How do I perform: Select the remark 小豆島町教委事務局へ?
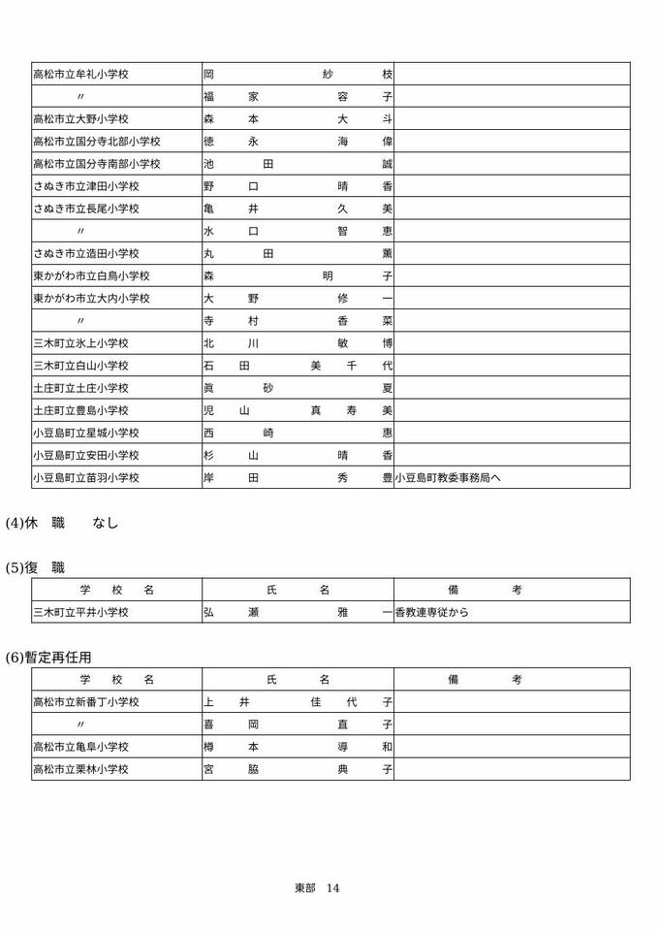point(448,477)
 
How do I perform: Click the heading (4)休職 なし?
point(62,523)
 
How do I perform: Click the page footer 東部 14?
point(317,887)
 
